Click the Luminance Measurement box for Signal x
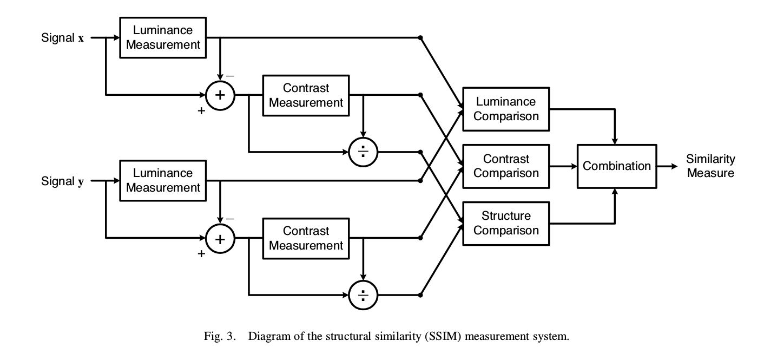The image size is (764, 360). pos(163,37)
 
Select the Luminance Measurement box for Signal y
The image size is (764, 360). pos(163,180)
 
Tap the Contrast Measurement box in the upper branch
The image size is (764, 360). pos(306,95)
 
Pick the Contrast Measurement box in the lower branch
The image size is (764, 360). pos(306,238)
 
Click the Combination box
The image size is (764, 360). pos(616,166)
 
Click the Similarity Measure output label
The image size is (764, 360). pos(710,166)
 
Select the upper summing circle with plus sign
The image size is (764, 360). pos(220,95)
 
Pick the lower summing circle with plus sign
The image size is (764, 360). pos(220,238)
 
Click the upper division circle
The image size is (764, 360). pos(363,152)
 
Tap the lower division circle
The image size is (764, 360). pos(363,295)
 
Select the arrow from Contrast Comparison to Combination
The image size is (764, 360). pos(563,166)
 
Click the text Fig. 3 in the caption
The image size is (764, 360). pos(220,337)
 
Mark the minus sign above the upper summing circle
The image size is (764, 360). pos(230,76)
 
